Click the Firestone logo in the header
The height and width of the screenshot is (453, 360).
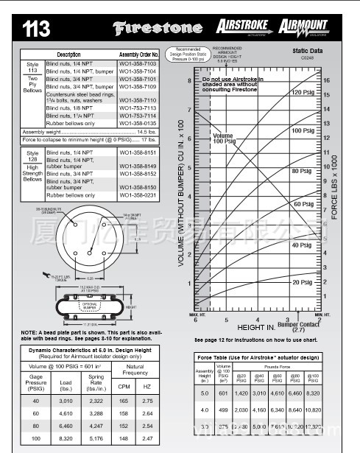tap(156, 29)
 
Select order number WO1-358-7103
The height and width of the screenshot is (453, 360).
tap(139, 64)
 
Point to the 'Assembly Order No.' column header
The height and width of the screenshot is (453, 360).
tap(139, 55)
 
